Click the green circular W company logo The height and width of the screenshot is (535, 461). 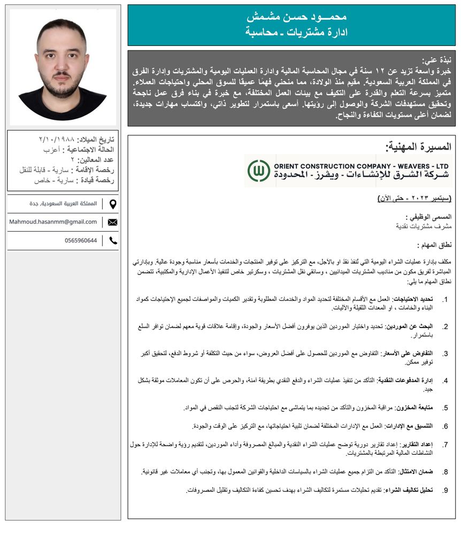(259, 170)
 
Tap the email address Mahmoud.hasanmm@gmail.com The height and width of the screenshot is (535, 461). (53, 222)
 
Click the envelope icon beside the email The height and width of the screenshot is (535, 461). (112, 222)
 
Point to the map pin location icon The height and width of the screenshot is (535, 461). (112, 204)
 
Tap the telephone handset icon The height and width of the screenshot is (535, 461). (112, 241)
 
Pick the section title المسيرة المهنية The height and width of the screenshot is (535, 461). (418, 147)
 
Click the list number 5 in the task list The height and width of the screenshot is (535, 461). (445, 408)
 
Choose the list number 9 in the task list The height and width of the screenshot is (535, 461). (445, 490)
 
